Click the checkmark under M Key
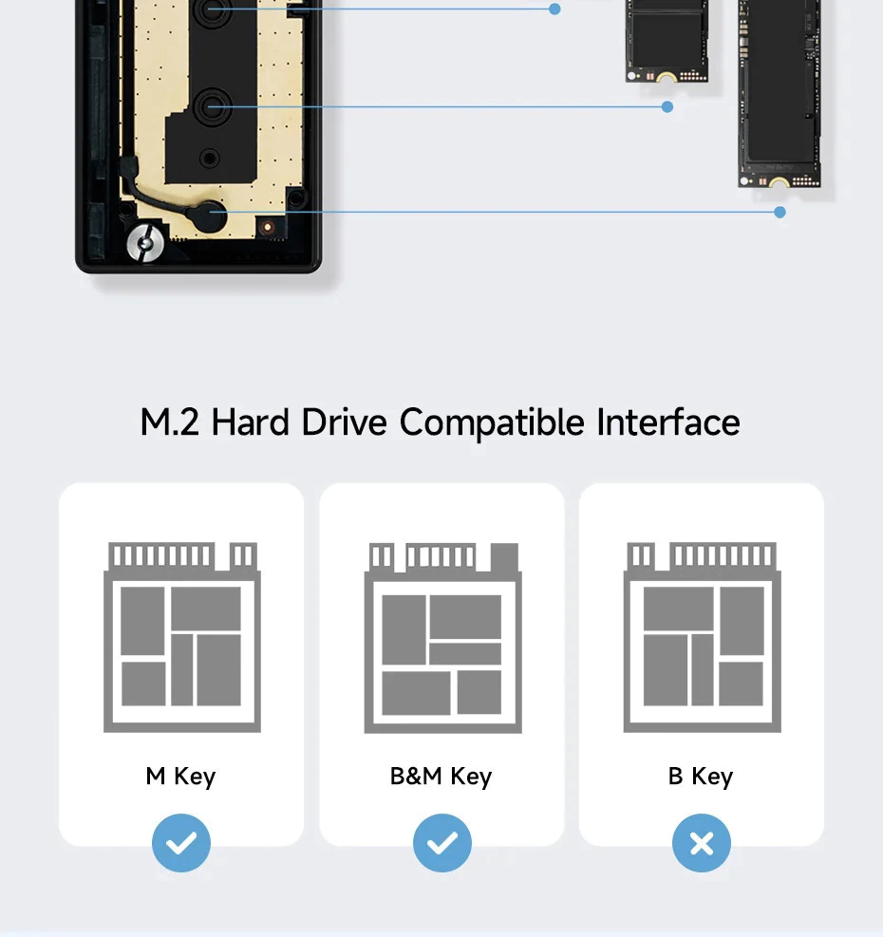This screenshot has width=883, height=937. (181, 843)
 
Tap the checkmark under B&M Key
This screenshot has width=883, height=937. (441, 843)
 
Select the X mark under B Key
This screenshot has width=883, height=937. (702, 843)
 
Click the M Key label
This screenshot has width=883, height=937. (180, 777)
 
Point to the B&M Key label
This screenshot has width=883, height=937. (441, 777)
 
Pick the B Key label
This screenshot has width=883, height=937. (700, 777)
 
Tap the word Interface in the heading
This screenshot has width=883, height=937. (668, 422)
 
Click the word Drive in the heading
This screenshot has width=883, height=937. (344, 422)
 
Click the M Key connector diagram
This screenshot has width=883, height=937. (182, 637)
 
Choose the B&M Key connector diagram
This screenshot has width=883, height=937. (443, 638)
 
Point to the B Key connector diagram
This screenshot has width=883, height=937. (703, 637)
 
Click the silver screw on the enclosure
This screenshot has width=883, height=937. (145, 243)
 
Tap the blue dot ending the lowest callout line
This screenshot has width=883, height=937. (780, 212)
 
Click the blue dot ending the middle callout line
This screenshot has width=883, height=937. (667, 107)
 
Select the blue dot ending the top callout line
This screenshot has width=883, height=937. (554, 9)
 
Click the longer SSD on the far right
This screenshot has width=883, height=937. (780, 94)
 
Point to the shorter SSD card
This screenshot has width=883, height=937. (667, 41)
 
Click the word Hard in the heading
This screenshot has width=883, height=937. (250, 422)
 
